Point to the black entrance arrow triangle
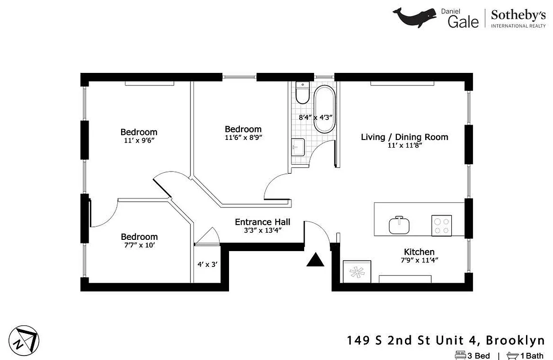click(x=315, y=261)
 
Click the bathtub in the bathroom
click(x=324, y=109)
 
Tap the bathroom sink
click(x=298, y=147)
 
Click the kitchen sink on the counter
click(x=399, y=225)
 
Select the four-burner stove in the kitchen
click(x=442, y=225)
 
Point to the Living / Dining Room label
click(x=405, y=137)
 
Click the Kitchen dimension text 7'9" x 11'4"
click(x=419, y=260)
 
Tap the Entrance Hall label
click(x=262, y=222)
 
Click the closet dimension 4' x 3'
click(x=207, y=265)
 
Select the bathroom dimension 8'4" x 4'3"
click(x=315, y=117)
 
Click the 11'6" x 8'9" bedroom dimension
click(x=243, y=137)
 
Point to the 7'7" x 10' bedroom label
click(x=139, y=237)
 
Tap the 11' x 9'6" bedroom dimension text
click(x=139, y=140)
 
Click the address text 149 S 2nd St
click(x=396, y=340)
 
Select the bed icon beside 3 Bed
click(x=460, y=355)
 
